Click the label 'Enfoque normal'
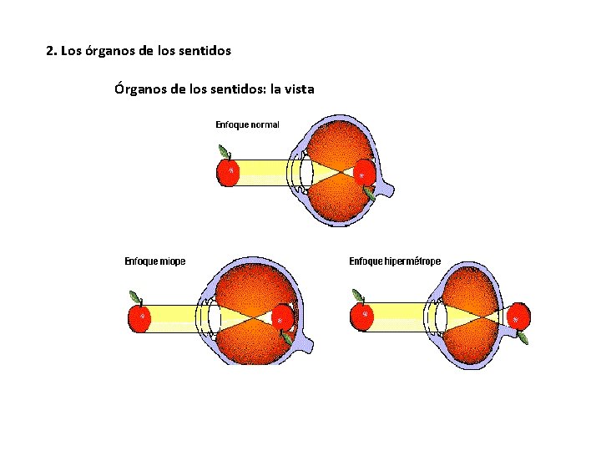pyautogui.click(x=247, y=124)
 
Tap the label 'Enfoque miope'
pyautogui.click(x=155, y=261)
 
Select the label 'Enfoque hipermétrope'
pyautogui.click(x=394, y=261)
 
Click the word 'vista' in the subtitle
pyautogui.click(x=298, y=89)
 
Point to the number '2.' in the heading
pyautogui.click(x=51, y=51)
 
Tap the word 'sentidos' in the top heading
pyautogui.click(x=205, y=51)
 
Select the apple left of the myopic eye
pyautogui.click(x=139, y=317)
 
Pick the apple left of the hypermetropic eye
pyautogui.click(x=363, y=317)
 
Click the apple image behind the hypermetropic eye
pyautogui.click(x=519, y=319)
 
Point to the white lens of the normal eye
pyautogui.click(x=306, y=172)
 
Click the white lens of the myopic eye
pyautogui.click(x=215, y=317)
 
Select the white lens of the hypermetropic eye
pyautogui.click(x=440, y=317)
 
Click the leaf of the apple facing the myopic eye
pyautogui.click(x=134, y=296)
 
